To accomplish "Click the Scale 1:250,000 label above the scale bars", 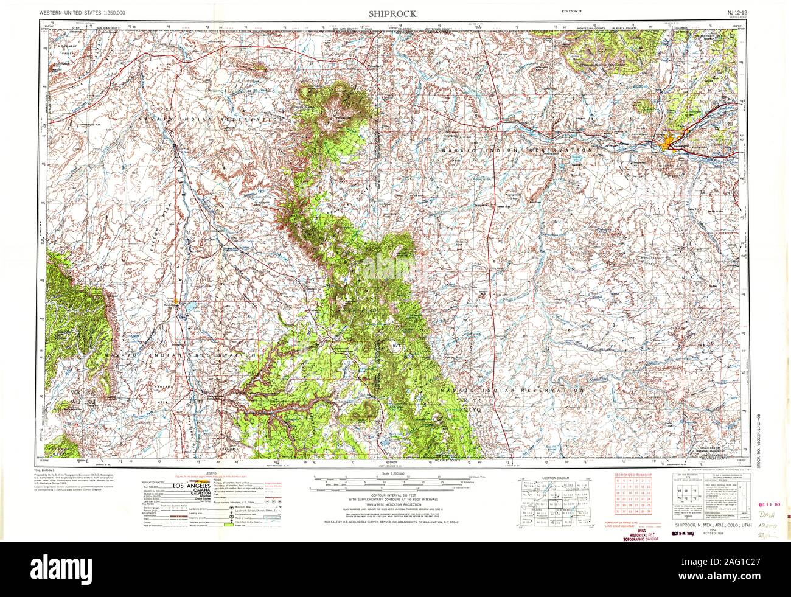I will coord(390,473).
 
